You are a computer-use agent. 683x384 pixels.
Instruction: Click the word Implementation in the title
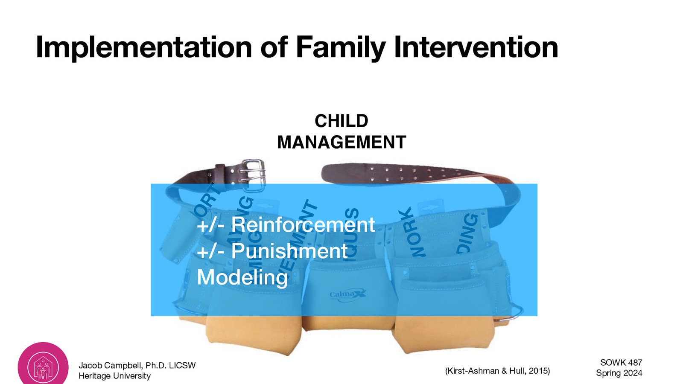(x=144, y=47)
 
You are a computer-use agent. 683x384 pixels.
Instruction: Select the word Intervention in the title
(x=476, y=47)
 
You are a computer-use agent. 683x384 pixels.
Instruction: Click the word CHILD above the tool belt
(x=341, y=121)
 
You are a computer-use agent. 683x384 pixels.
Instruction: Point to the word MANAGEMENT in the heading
(x=341, y=142)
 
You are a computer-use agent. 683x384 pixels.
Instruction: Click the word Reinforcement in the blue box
(x=303, y=225)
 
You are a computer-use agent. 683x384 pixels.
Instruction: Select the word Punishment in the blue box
(x=289, y=251)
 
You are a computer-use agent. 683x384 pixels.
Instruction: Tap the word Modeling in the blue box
(x=242, y=277)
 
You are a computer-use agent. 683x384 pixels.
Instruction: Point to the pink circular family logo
(x=43, y=366)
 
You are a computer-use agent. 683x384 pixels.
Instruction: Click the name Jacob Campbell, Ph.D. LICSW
(x=137, y=365)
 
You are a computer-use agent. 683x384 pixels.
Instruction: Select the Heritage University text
(x=114, y=376)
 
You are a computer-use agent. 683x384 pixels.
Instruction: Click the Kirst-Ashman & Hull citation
(x=497, y=371)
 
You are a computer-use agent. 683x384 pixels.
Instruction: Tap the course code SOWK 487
(x=621, y=362)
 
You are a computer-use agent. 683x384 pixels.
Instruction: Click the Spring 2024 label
(x=619, y=373)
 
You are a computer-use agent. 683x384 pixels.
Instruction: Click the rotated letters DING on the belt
(x=468, y=233)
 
